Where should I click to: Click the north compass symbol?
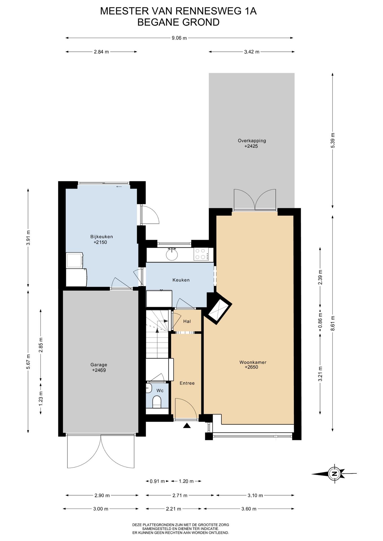tap(334, 474)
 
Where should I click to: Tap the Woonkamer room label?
tap(253, 362)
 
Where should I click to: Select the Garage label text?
tap(99, 365)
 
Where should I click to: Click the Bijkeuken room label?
tap(102, 237)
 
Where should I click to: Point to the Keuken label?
tap(181, 280)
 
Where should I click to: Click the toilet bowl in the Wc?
tap(157, 402)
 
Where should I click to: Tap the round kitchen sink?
tap(172, 255)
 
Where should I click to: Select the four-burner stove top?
tap(201, 254)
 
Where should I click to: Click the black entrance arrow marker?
tap(187, 425)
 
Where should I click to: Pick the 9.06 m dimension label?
tap(179, 38)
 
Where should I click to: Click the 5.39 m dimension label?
tap(333, 140)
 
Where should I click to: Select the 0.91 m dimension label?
tap(157, 481)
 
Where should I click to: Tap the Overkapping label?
tap(252, 141)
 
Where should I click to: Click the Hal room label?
tap(187, 321)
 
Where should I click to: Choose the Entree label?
tap(187, 383)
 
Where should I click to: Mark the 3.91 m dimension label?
tap(28, 238)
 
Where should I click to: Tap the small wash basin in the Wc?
tap(149, 388)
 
